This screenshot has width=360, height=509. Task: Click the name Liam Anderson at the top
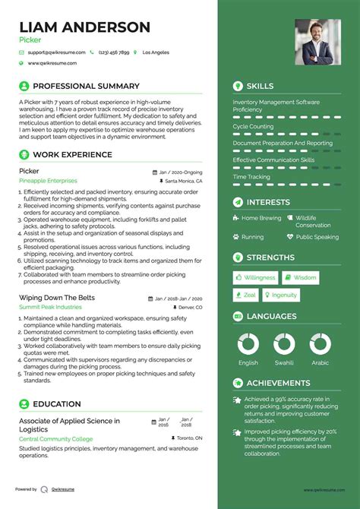click(84, 27)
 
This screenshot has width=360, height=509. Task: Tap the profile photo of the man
click(317, 42)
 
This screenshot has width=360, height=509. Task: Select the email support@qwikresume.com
click(53, 52)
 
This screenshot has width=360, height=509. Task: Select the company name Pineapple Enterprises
click(48, 181)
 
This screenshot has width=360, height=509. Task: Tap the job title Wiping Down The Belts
click(57, 297)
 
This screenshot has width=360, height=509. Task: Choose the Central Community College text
click(55, 439)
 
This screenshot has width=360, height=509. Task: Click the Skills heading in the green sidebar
click(260, 86)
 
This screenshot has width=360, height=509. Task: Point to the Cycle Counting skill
click(254, 126)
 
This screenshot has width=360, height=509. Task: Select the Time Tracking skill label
click(251, 176)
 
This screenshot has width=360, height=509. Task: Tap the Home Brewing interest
click(261, 218)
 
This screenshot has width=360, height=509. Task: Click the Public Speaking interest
click(317, 237)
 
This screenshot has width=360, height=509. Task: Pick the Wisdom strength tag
click(301, 278)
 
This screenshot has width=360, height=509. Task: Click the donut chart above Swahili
click(284, 343)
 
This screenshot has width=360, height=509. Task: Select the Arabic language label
click(321, 362)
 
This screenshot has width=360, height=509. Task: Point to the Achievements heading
click(278, 383)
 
